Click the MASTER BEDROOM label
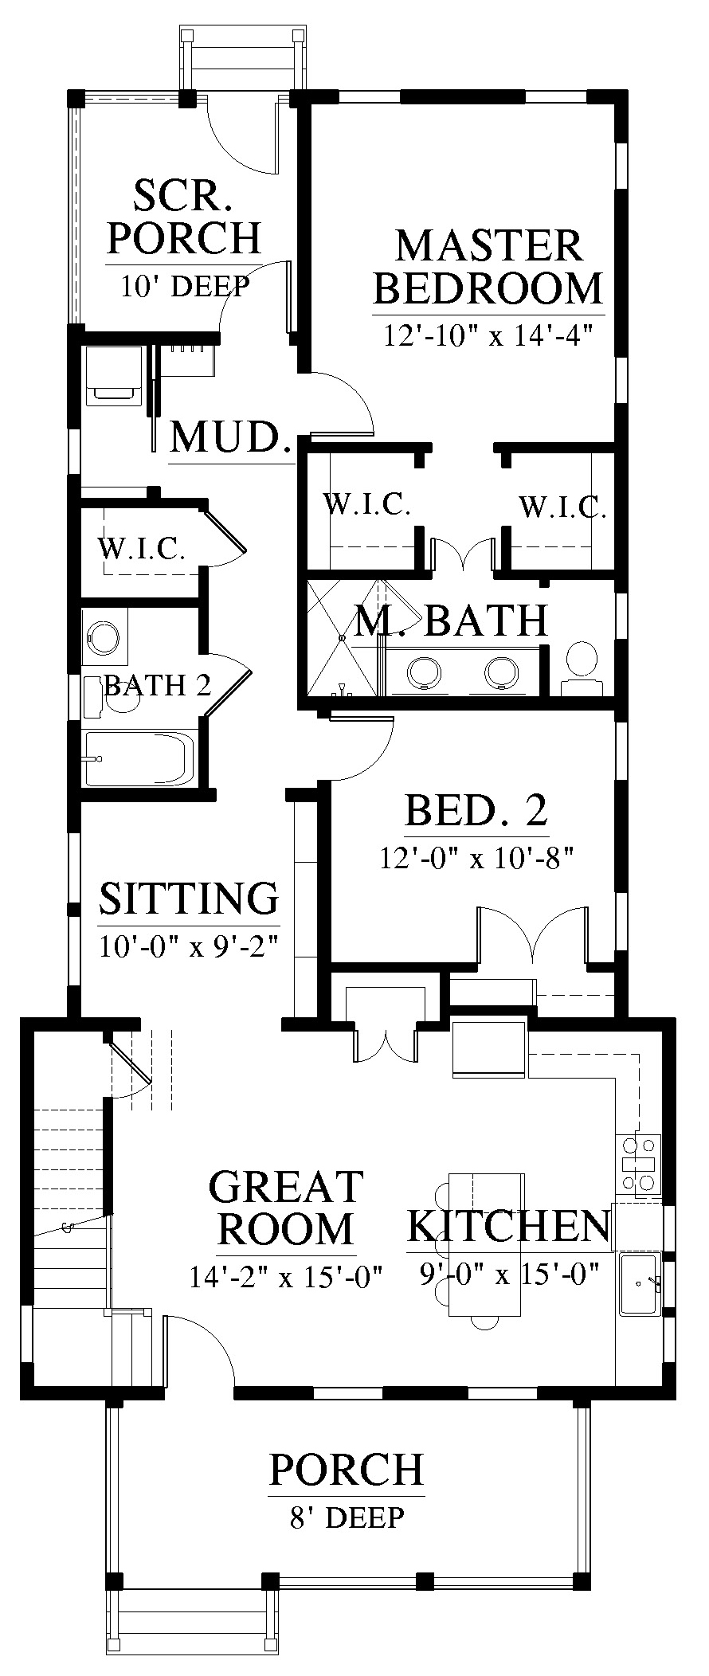(488, 267)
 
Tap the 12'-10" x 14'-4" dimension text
(489, 335)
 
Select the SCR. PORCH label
(184, 217)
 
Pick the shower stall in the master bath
(342, 638)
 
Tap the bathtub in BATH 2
(139, 758)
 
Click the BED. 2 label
(476, 811)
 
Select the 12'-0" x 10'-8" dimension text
(476, 859)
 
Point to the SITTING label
(189, 898)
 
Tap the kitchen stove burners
(640, 1164)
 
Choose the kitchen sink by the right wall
(640, 1283)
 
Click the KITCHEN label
(508, 1226)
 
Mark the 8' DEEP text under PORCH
(347, 1517)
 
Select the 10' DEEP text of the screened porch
(185, 286)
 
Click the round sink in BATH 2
(104, 637)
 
